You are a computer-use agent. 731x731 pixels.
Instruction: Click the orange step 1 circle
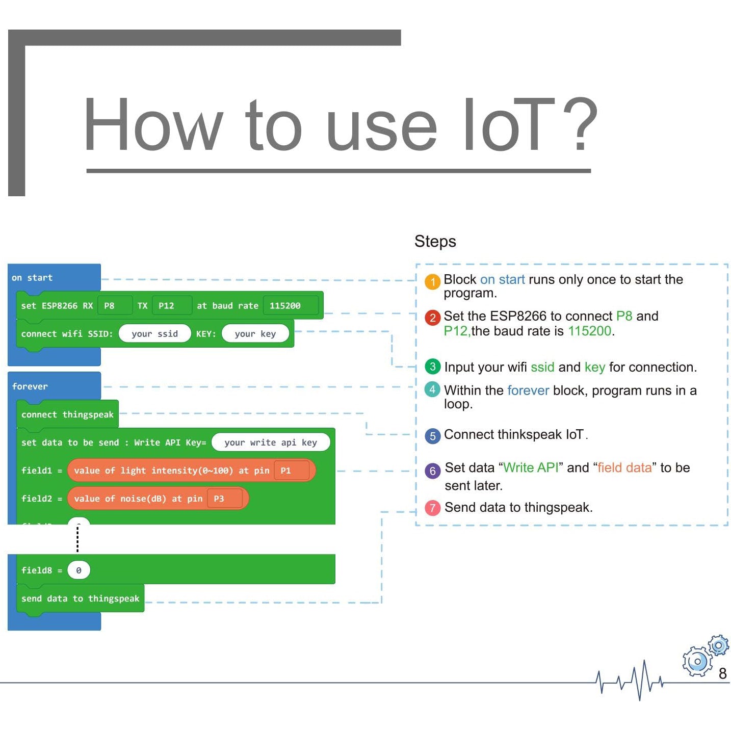432,281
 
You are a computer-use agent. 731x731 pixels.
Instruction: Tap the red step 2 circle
432,318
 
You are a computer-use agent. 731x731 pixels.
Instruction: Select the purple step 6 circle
432,471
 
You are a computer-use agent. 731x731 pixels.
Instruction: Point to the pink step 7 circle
432,508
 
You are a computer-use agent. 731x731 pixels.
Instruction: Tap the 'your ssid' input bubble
154,334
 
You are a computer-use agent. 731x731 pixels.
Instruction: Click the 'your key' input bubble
255,334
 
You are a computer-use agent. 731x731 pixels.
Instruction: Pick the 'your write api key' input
271,442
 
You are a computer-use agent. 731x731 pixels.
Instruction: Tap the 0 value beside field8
79,570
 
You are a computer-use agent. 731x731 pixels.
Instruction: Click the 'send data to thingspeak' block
81,598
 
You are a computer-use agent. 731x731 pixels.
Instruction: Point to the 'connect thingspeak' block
67,414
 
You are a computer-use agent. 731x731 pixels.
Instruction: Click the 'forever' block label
30,386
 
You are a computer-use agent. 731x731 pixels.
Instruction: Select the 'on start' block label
32,278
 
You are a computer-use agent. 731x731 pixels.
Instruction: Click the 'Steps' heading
435,241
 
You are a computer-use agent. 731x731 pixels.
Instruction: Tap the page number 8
722,673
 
